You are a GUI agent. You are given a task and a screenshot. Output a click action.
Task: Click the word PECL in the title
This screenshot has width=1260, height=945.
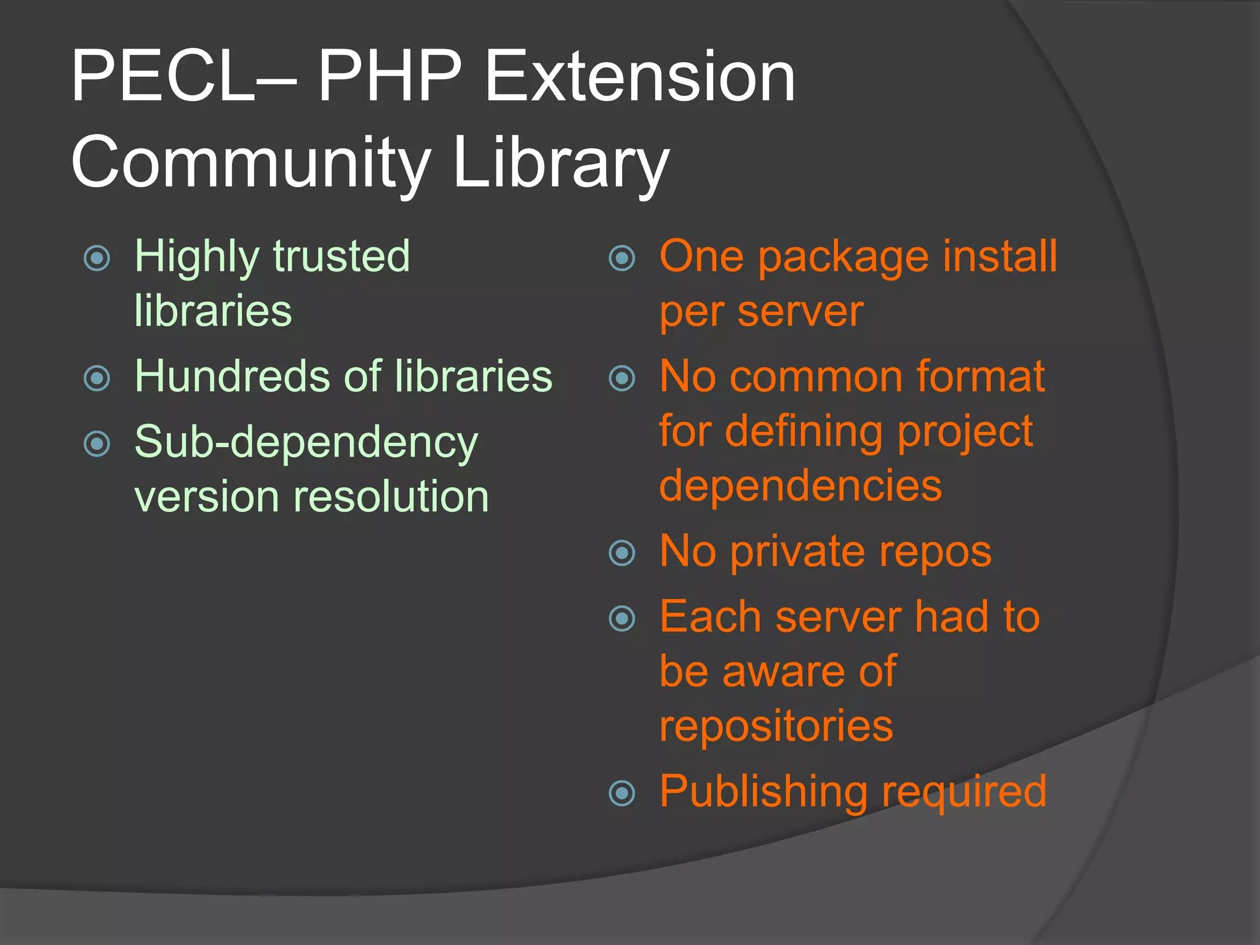click(163, 77)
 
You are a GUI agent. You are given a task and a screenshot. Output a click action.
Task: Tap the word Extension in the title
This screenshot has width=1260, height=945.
click(640, 77)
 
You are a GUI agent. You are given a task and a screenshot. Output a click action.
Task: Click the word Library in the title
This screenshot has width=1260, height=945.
click(560, 163)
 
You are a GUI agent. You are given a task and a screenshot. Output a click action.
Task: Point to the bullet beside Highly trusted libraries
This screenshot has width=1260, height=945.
click(97, 258)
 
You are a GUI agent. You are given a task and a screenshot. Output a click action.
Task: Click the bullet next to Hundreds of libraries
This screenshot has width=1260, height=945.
click(97, 378)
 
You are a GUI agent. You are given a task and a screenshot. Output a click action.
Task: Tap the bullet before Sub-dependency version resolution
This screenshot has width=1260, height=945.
click(97, 444)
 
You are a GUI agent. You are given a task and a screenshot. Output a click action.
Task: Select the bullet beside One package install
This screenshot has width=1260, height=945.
click(622, 258)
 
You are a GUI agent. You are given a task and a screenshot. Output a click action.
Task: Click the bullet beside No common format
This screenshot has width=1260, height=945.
click(622, 378)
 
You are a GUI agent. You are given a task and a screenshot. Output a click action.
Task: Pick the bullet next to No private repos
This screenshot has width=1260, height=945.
click(622, 552)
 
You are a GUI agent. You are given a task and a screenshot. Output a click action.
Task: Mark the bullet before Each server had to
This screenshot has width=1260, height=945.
click(622, 618)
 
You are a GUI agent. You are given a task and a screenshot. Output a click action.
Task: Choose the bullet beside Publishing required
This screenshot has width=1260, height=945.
click(622, 793)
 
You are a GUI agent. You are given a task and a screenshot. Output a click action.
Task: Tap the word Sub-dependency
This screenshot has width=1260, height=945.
click(306, 443)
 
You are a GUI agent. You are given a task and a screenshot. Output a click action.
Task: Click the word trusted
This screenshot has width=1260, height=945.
click(341, 256)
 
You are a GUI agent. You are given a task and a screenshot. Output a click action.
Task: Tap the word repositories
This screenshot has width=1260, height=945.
click(776, 727)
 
